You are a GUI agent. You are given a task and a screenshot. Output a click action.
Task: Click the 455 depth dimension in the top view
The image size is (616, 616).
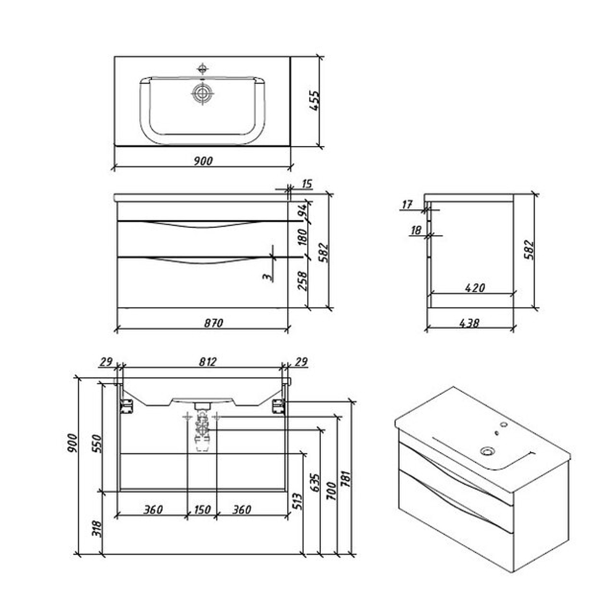coord(315,100)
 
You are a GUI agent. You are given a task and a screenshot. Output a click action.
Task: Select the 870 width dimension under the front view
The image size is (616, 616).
coord(213,323)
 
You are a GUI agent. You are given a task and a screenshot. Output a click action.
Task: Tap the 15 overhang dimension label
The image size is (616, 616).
coord(307,184)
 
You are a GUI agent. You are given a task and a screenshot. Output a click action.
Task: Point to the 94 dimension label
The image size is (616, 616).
coord(302,211)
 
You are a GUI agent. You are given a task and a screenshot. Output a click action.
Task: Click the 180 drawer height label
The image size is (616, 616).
coord(302,237)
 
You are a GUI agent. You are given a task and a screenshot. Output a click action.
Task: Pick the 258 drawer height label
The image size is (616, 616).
coord(302,280)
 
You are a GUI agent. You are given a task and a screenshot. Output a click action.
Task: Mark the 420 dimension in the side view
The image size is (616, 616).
coord(474,288)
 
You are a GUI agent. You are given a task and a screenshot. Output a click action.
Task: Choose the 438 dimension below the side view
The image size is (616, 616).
coord(469,323)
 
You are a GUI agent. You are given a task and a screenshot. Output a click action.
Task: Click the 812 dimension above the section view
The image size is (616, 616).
coord(207,362)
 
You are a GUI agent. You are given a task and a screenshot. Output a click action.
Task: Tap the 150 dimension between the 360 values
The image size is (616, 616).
coord(202,509)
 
